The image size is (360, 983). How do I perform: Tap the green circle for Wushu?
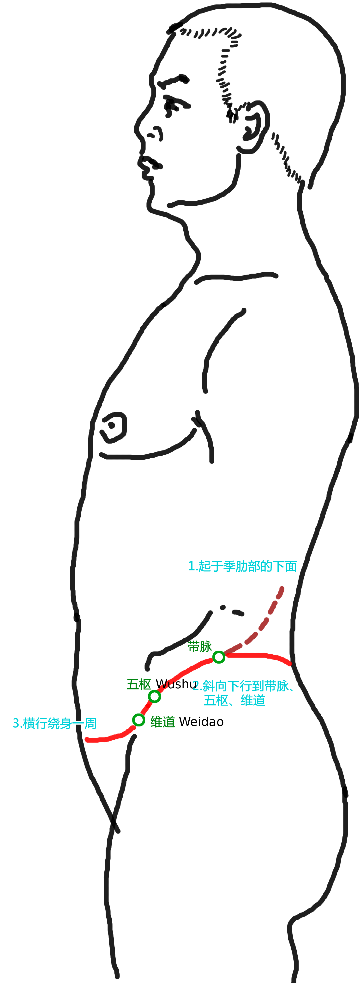click(x=154, y=696)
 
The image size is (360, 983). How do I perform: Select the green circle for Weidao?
click(x=138, y=720)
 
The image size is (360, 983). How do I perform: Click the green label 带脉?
click(x=200, y=647)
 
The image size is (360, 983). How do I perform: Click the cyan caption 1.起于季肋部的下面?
click(x=242, y=566)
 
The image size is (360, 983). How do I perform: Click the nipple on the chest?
click(x=113, y=427)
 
